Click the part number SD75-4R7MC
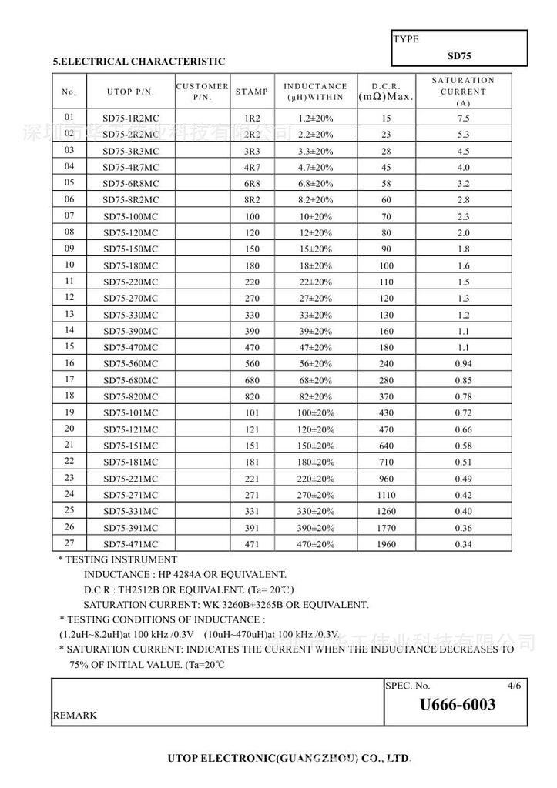130,167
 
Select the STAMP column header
252,92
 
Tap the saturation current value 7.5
463,119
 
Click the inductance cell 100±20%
315,413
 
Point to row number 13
69,314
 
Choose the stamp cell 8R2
252,200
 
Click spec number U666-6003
458,705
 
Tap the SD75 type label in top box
459,55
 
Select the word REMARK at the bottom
75,716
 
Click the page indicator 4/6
515,685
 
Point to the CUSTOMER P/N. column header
203,92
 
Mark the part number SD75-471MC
130,545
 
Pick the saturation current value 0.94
463,364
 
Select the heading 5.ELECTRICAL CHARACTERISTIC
139,62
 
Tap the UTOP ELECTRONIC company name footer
289,759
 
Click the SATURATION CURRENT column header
463,92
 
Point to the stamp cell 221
252,479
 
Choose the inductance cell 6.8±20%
315,184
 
